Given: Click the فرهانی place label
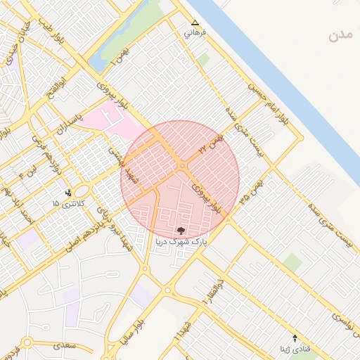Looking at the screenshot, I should pos(195,33).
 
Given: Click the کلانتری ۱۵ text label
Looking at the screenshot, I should pos(67,203).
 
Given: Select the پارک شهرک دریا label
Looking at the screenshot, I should pos(181,239).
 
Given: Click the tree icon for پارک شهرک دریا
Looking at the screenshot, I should pos(181,230).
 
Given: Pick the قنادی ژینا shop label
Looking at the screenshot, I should pos(295,349).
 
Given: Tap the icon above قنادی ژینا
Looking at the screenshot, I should pos(295,339).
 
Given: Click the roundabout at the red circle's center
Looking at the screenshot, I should pos(181,166).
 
